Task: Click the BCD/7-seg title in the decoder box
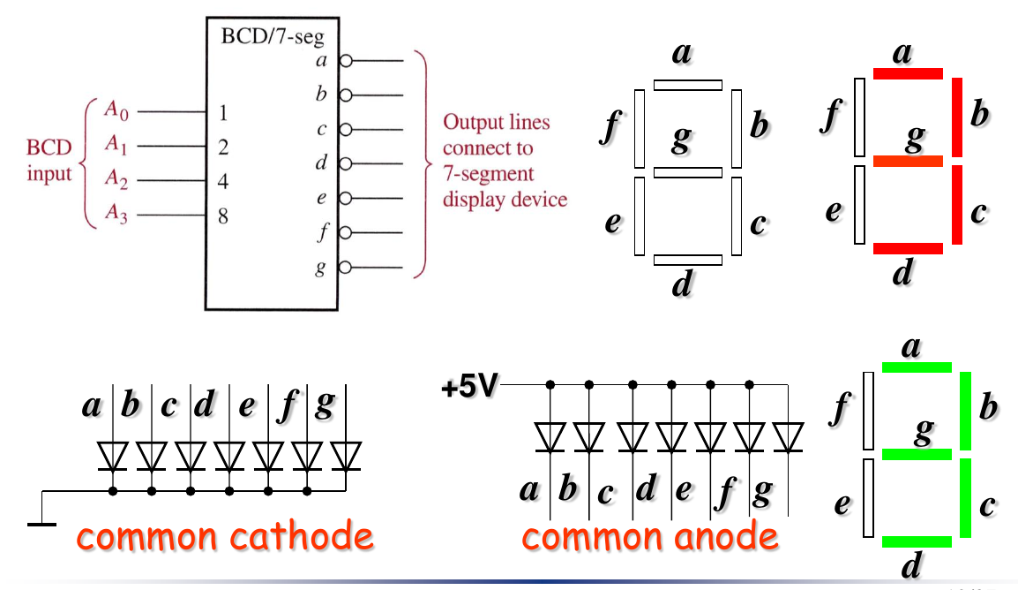click(x=272, y=37)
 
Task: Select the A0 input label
click(x=116, y=110)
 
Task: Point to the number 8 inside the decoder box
click(x=223, y=215)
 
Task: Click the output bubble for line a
click(x=346, y=61)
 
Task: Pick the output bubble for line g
click(x=346, y=267)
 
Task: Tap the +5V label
click(x=470, y=387)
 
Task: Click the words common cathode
click(x=223, y=535)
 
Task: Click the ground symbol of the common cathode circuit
click(x=41, y=524)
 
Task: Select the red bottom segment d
click(x=908, y=249)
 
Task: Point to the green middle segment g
click(x=917, y=454)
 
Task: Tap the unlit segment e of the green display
click(x=869, y=498)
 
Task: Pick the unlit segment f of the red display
click(x=858, y=117)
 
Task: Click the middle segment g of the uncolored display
click(x=688, y=172)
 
